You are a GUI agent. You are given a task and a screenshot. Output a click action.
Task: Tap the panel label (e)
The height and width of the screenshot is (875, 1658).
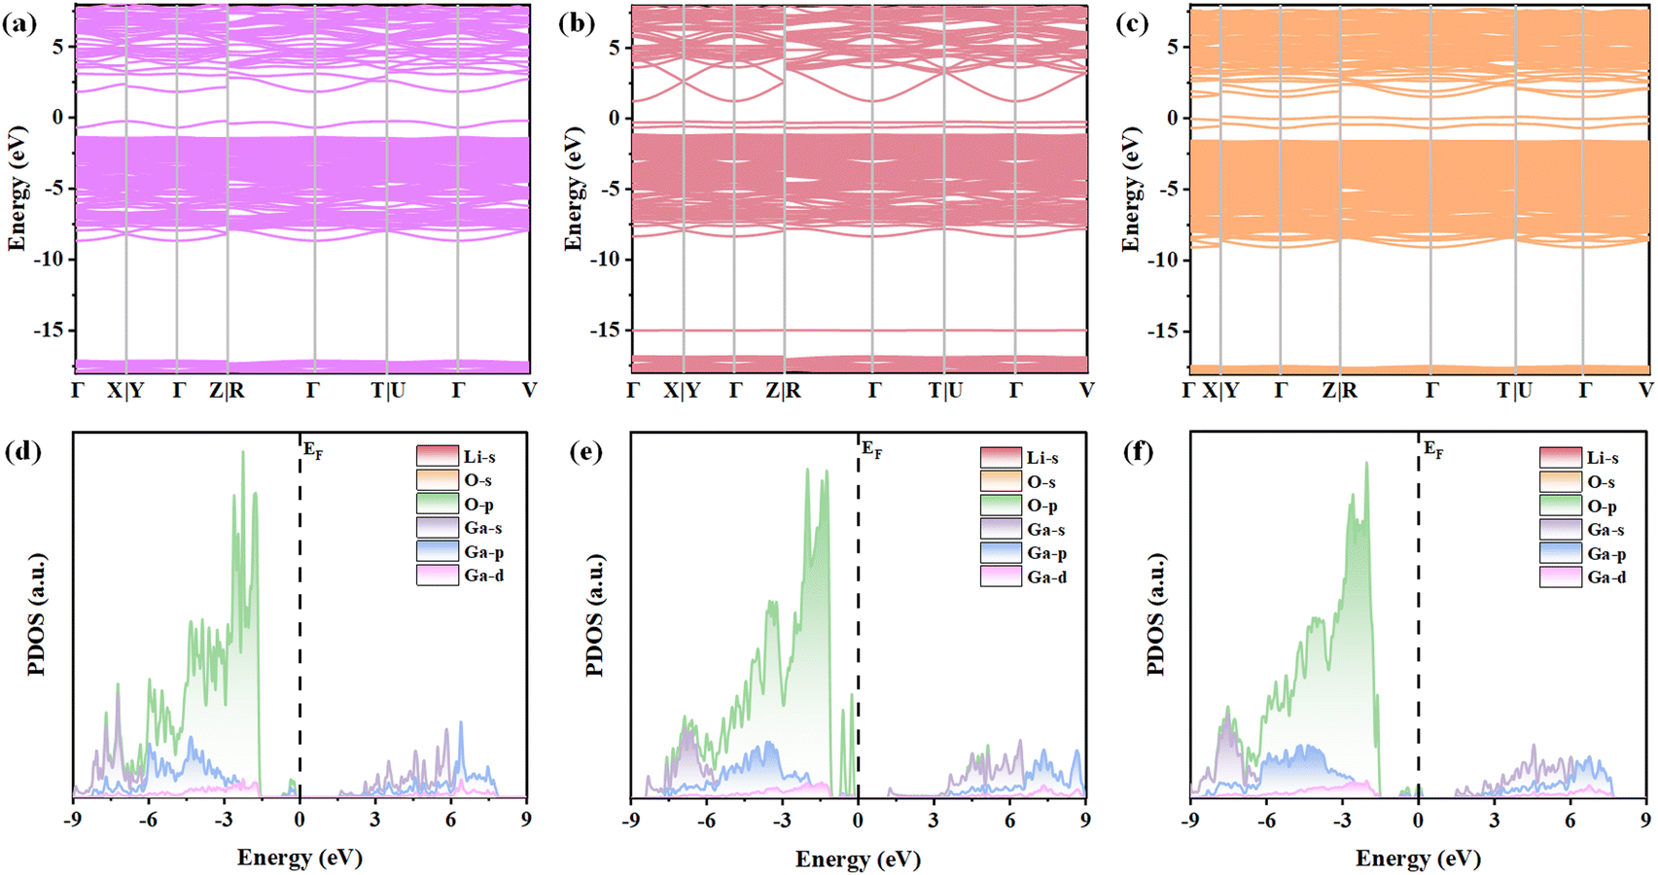[x=585, y=453]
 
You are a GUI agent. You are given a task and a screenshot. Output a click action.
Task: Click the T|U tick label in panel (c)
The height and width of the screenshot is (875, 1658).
[x=1514, y=391]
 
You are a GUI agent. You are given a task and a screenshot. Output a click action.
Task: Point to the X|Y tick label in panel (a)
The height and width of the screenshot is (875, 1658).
[x=125, y=391]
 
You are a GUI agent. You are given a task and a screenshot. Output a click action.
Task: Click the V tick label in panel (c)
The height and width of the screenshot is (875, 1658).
[x=1644, y=391]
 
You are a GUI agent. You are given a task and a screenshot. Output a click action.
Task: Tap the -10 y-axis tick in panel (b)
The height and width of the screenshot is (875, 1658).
[x=605, y=260]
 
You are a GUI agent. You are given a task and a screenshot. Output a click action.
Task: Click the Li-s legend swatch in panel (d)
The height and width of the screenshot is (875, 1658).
[x=438, y=456]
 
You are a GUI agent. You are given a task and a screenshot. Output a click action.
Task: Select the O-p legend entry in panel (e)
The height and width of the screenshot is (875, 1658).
[x=1041, y=506]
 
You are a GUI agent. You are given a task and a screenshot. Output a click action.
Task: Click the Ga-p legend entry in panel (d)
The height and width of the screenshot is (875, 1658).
[x=483, y=552]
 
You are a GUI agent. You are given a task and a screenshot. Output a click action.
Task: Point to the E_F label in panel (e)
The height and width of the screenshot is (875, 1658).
[x=871, y=449]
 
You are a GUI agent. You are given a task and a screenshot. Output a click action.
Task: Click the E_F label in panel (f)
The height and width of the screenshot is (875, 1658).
[x=1432, y=449]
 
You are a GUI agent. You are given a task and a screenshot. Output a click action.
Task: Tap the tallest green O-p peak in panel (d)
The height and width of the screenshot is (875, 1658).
[x=243, y=452]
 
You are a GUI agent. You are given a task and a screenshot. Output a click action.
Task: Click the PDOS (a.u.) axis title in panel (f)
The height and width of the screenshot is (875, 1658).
[x=1157, y=615]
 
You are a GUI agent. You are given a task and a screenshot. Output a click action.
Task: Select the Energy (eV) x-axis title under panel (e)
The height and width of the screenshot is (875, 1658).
[x=858, y=859]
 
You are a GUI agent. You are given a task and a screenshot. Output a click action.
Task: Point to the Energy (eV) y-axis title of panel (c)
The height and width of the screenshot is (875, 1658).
[x=1130, y=190]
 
